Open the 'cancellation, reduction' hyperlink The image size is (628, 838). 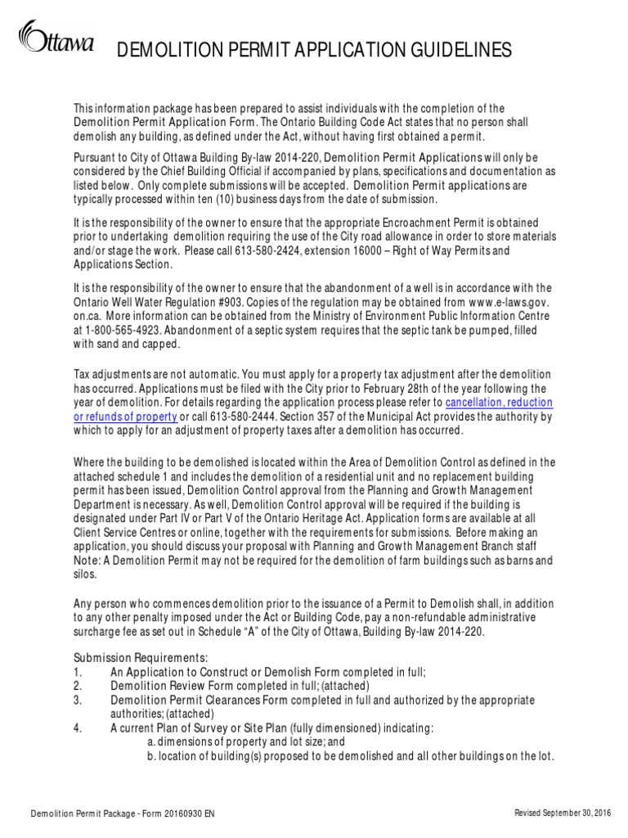coord(499,403)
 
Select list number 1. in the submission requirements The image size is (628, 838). coord(77,671)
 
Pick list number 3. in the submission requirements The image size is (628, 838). coord(77,701)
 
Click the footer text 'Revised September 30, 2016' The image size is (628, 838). coord(564,813)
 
